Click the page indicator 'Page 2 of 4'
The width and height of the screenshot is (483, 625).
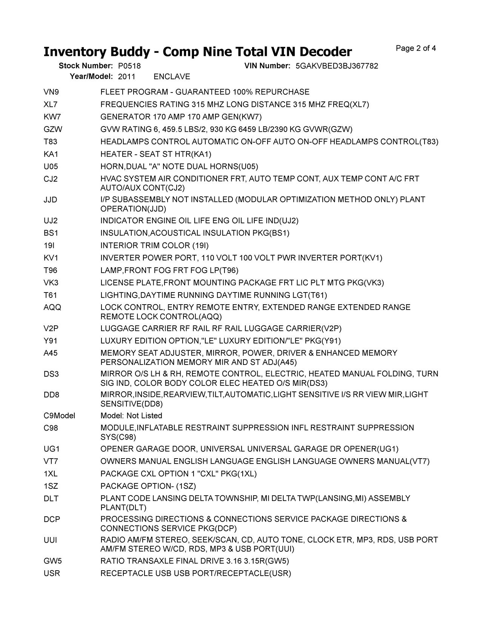click(x=416, y=48)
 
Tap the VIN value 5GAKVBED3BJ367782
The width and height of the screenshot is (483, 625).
click(x=337, y=66)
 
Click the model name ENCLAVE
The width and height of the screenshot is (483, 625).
click(x=172, y=77)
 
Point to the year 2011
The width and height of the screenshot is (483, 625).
click(x=126, y=77)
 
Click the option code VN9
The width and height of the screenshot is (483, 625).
click(x=51, y=92)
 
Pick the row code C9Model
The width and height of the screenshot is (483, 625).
click(x=59, y=416)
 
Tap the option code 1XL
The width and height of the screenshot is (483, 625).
click(x=51, y=474)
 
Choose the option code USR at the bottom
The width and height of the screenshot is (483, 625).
click(x=52, y=574)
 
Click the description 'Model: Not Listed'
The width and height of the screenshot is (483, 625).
click(x=131, y=416)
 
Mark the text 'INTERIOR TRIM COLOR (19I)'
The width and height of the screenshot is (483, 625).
click(x=154, y=246)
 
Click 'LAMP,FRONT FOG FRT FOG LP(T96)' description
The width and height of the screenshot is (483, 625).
click(x=169, y=271)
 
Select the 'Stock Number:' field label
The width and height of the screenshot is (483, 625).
click(x=86, y=66)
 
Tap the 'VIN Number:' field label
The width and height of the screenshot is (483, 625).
click(x=267, y=66)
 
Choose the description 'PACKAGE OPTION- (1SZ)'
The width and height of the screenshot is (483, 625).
click(x=148, y=486)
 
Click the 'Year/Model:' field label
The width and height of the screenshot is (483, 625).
click(x=91, y=77)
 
